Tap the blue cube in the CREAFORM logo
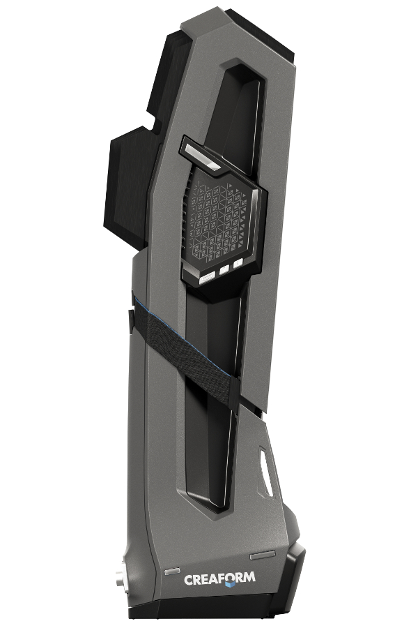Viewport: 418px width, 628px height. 229,584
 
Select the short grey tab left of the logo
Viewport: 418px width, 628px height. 171,570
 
